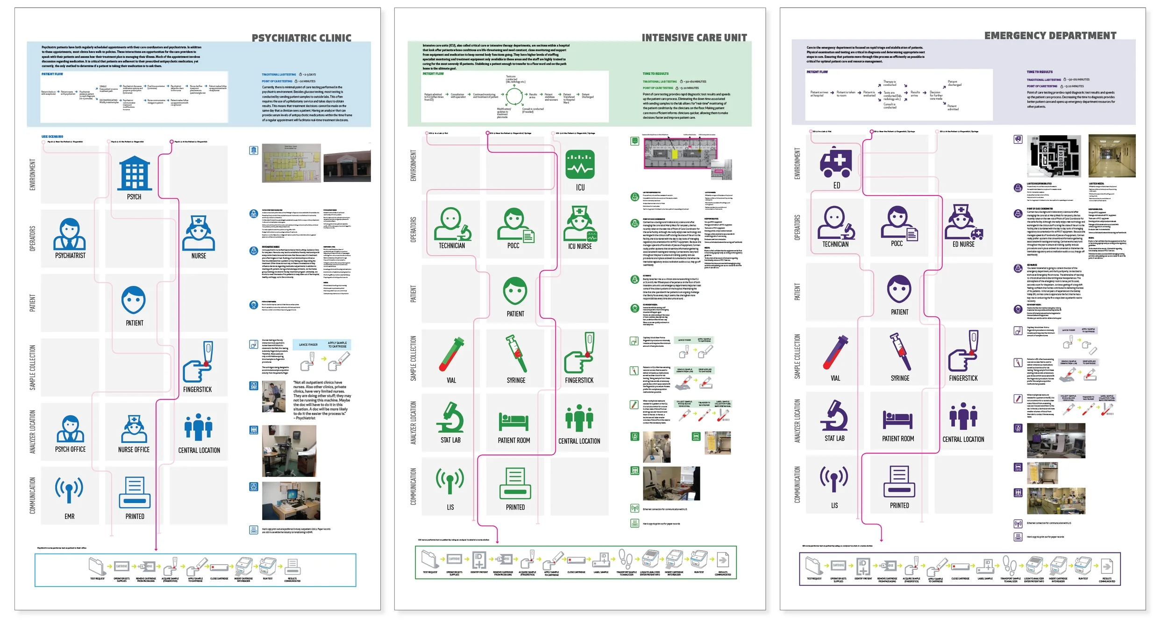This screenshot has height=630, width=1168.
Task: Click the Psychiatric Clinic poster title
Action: (301, 38)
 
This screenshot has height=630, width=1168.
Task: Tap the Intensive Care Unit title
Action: (694, 37)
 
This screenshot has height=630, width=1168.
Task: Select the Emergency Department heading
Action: (1050, 35)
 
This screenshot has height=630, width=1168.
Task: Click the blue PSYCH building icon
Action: (135, 174)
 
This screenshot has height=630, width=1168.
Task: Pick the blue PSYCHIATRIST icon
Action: (70, 234)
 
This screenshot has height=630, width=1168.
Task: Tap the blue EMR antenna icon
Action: (69, 490)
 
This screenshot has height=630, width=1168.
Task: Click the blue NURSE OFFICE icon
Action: (134, 429)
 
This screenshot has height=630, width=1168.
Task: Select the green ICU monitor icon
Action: (580, 164)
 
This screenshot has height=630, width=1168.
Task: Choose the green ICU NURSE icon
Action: (580, 224)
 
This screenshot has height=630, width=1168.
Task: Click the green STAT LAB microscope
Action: (450, 417)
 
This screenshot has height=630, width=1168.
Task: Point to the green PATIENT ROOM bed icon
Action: (513, 421)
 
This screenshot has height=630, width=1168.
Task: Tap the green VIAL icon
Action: (451, 354)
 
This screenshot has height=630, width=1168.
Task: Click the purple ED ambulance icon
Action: (836, 161)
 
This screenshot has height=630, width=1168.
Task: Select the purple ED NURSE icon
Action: (963, 222)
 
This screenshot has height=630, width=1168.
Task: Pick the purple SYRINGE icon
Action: (900, 352)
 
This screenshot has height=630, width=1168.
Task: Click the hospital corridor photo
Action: (1111, 156)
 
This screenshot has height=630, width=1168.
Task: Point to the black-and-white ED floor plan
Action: (1054, 156)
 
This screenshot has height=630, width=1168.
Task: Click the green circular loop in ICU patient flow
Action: (514, 97)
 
